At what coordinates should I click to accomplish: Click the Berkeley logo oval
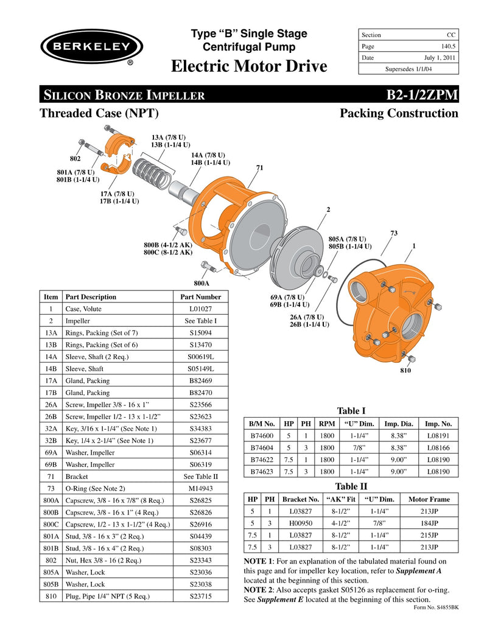pos(92,47)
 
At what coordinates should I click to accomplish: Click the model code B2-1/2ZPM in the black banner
pos(422,95)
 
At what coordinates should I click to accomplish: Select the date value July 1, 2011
pos(440,58)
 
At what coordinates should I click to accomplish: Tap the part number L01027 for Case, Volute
pos(200,309)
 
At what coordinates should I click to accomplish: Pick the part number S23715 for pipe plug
pos(200,596)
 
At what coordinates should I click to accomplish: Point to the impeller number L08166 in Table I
pos(438,447)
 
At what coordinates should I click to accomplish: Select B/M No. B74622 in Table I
pos(262,460)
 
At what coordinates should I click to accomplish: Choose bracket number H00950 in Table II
pos(301,522)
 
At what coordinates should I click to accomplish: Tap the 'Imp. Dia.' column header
pos(395,423)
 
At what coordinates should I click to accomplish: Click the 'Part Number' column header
pos(200,297)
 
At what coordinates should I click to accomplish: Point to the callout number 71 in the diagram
pos(259,167)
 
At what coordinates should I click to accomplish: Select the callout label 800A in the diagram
pos(201,283)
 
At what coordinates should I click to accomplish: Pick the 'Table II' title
pos(351,486)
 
